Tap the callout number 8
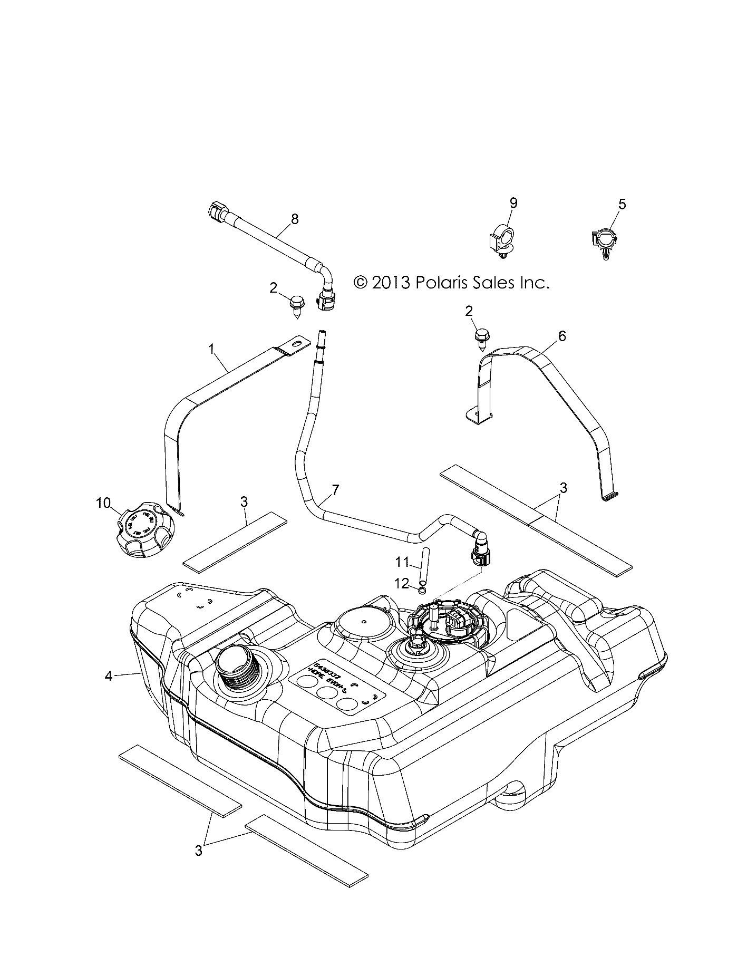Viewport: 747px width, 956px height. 294,219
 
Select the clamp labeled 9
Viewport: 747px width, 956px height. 501,240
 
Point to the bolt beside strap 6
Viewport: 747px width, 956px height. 481,336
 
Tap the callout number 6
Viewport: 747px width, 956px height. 562,335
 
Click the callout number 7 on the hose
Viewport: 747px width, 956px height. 335,490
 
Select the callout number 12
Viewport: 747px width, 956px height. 402,583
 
